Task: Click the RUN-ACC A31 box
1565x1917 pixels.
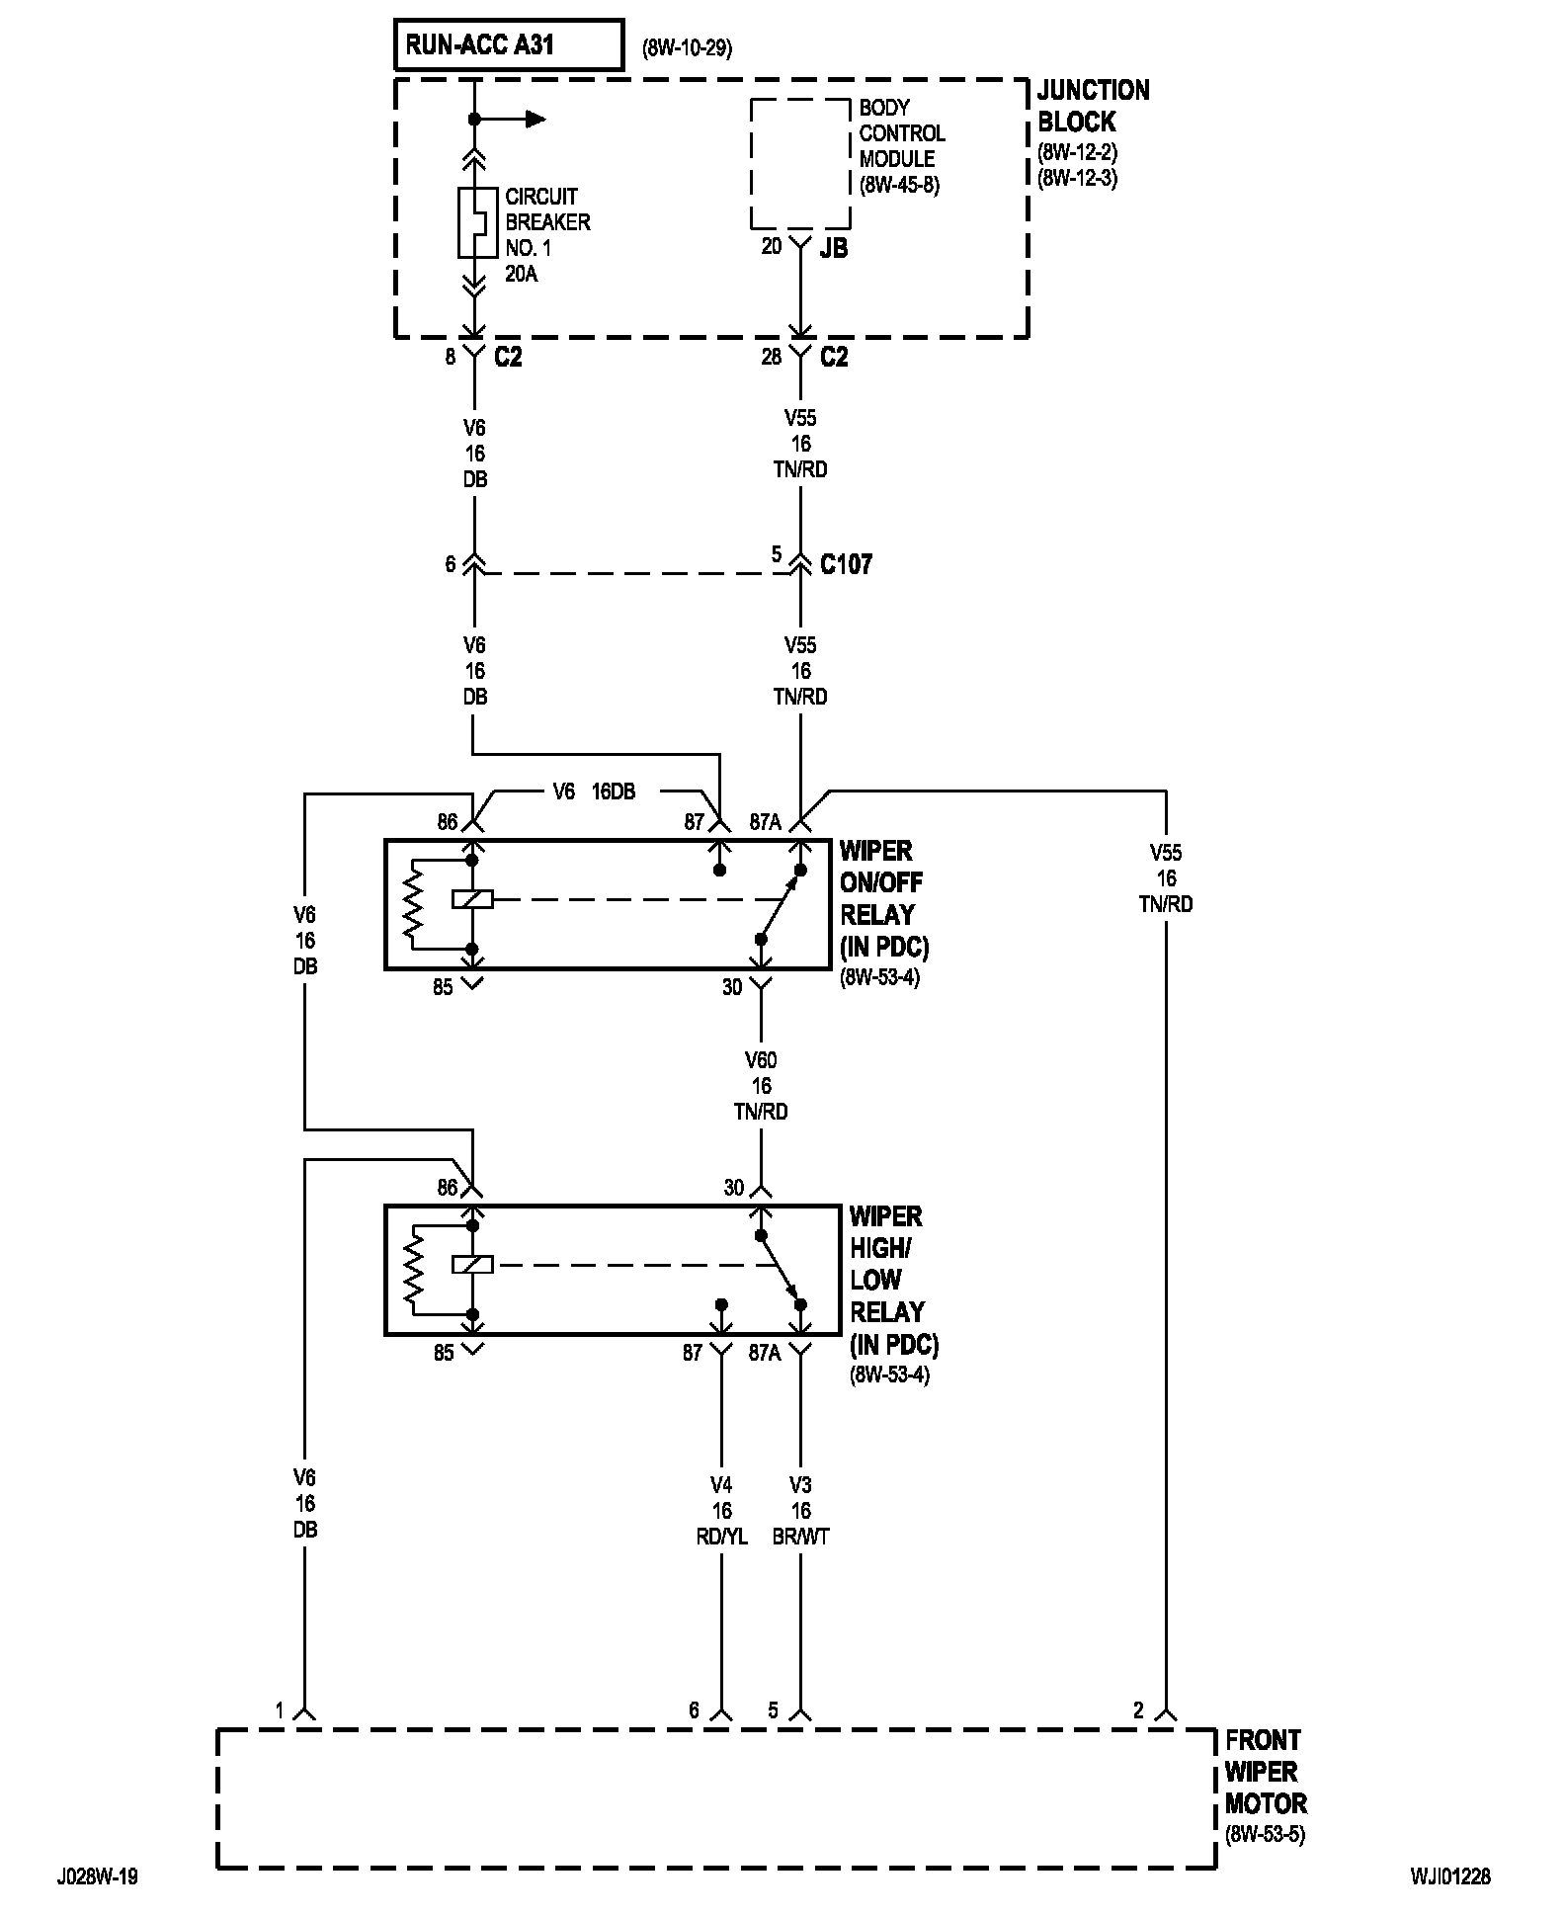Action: tap(509, 45)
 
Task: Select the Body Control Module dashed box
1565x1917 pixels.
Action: tap(800, 164)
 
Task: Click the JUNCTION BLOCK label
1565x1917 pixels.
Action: tap(1094, 106)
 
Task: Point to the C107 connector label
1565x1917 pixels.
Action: tap(847, 564)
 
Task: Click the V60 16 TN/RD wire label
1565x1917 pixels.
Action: tap(761, 1086)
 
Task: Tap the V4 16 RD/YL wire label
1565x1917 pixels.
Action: tap(721, 1511)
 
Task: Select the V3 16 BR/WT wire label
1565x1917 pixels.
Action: tap(801, 1511)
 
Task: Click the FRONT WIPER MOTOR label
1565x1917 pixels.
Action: tap(1266, 1772)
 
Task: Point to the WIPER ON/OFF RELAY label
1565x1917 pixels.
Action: tap(884, 898)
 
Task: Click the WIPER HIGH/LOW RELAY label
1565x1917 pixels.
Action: tap(893, 1280)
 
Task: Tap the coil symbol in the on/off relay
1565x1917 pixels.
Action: tap(472, 899)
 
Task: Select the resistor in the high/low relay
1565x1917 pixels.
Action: tap(412, 1270)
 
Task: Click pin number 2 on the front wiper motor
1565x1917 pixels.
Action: tap(1138, 1709)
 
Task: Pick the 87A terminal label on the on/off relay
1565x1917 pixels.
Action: tap(765, 822)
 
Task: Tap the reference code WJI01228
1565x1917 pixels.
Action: tap(1450, 1876)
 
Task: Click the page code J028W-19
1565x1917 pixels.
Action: tap(97, 1876)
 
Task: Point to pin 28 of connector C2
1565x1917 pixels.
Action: tap(772, 357)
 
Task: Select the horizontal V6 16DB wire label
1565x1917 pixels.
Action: tap(593, 792)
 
